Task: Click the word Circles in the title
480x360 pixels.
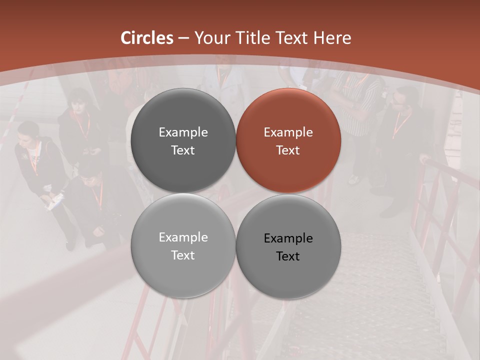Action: (x=147, y=38)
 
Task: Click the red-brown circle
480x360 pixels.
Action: (x=288, y=140)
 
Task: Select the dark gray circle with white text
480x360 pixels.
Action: (x=183, y=140)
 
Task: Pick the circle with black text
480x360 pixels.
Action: (x=288, y=246)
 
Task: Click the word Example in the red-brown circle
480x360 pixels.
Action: (x=288, y=132)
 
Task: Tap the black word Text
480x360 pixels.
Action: (x=288, y=256)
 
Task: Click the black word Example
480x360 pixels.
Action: (x=288, y=238)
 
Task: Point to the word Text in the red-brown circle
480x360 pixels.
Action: (x=288, y=150)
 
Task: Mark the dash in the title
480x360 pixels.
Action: (x=183, y=38)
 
